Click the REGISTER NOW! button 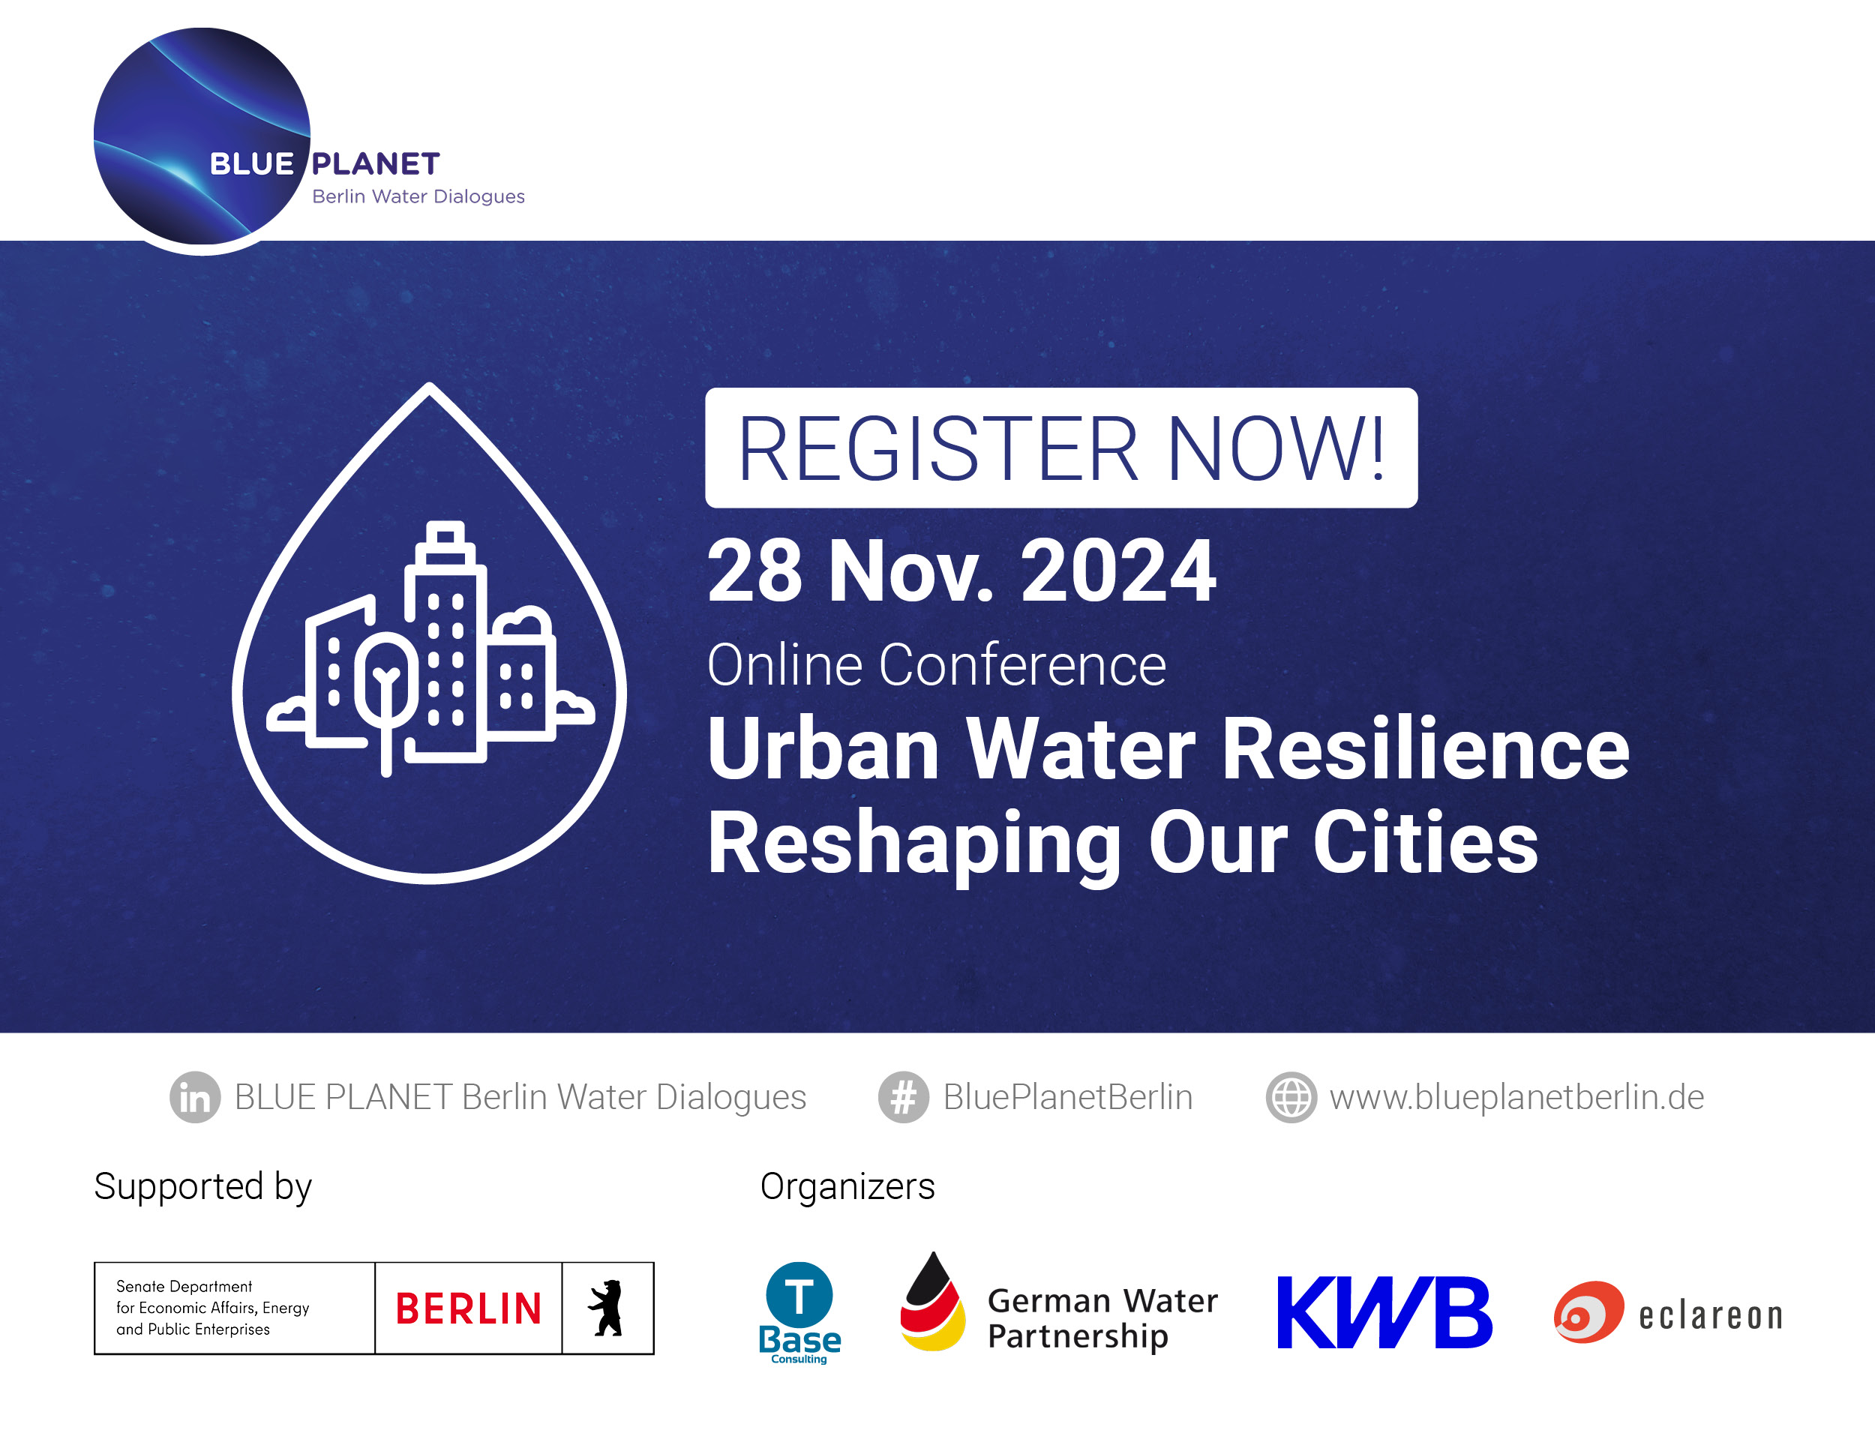click(1060, 448)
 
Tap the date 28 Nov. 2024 click(961, 571)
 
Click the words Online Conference click(936, 665)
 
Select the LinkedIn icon click(195, 1097)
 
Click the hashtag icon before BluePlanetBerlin click(903, 1097)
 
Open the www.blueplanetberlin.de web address click(1516, 1097)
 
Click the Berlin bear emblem click(607, 1308)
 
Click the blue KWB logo click(1384, 1312)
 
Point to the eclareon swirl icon click(1588, 1312)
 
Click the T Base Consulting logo click(799, 1312)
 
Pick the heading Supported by click(202, 1187)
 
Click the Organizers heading click(847, 1187)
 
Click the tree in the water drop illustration click(386, 687)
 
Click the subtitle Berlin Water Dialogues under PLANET click(418, 196)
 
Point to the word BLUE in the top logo click(251, 163)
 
